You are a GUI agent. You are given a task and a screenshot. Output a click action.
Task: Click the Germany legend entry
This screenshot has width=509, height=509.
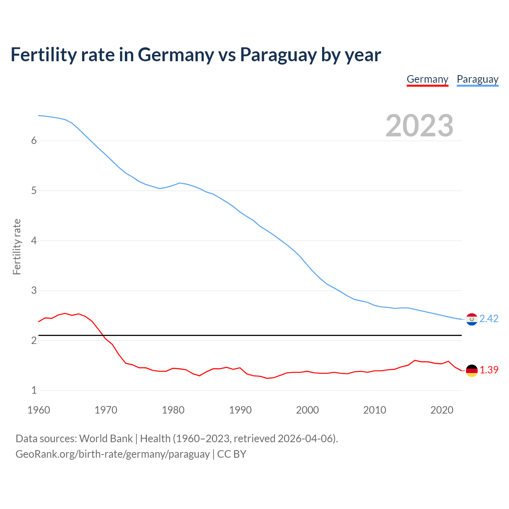coord(427,79)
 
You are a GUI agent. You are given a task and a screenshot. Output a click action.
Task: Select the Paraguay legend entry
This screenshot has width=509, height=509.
coord(478,79)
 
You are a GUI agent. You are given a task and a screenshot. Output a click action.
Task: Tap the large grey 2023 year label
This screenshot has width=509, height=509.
coord(420,126)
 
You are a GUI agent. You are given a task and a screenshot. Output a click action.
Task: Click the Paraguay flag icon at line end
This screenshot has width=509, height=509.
coord(472,319)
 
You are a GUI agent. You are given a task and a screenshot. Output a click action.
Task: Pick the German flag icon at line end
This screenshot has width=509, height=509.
coord(472,370)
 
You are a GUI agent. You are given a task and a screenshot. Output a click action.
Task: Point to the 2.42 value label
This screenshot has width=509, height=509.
coord(489,319)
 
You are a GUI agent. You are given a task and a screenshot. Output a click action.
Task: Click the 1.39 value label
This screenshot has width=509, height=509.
coord(489,370)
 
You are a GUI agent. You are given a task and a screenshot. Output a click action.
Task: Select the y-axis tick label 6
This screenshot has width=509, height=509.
coord(34,141)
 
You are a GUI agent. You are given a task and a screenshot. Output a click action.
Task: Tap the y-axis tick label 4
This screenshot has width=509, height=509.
coord(34,241)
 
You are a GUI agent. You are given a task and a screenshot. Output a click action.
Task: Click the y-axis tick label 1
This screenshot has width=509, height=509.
coord(34,390)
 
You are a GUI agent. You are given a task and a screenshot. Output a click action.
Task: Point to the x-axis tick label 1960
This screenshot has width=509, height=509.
coord(39,410)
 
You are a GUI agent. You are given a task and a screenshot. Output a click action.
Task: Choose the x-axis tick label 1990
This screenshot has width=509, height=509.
coord(240,410)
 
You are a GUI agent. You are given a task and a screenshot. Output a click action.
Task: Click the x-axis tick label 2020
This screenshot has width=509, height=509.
coord(442,410)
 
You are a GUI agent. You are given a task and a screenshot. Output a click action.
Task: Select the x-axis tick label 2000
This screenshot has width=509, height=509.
coord(307,410)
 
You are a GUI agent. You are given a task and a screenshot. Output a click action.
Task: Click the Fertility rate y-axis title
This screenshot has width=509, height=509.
coord(17,247)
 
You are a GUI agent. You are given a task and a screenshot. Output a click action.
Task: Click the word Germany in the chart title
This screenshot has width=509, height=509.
coord(176,55)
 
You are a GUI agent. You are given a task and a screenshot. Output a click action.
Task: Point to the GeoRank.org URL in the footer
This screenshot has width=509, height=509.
coord(113,454)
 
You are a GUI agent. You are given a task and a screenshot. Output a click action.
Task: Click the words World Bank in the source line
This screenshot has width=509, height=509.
coord(106,439)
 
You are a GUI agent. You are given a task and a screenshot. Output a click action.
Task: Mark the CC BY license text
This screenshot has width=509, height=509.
coord(232,454)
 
